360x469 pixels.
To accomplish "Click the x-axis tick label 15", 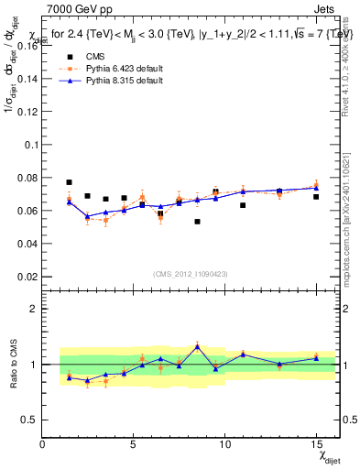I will [x=315, y=444].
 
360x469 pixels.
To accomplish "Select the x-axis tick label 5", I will [x=134, y=444].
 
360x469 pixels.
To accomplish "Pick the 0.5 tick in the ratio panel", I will [x=29, y=420].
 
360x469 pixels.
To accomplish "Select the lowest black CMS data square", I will [x=197, y=222].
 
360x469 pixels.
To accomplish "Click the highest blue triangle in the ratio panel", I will [x=197, y=346].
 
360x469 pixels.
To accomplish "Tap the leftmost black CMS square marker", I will [x=69, y=182].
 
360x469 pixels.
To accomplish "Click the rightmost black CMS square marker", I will [x=316, y=197].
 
